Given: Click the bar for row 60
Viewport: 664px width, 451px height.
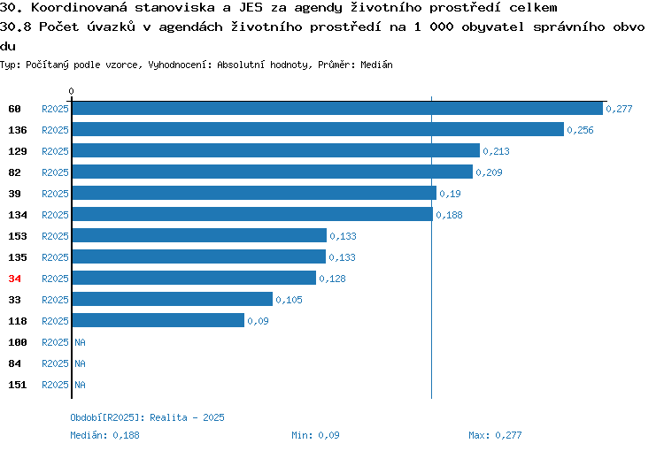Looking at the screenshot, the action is click(337, 108).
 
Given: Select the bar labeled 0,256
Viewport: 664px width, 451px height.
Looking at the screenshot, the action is click(318, 129).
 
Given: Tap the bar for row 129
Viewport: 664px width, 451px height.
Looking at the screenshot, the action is click(276, 150).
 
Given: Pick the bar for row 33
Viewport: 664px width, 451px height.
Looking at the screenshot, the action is click(173, 299).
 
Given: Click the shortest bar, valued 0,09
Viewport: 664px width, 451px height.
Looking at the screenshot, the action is click(158, 320).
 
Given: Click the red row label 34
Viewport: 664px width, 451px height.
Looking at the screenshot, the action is click(14, 279).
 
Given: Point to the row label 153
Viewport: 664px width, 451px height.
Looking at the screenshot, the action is click(18, 236).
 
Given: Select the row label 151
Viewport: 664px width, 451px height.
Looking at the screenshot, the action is click(18, 385).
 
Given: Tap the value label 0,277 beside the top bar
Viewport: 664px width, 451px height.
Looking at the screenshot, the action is click(619, 109).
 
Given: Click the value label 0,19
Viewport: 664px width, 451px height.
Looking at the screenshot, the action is click(450, 194).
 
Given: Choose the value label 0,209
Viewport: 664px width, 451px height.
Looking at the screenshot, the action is click(489, 172).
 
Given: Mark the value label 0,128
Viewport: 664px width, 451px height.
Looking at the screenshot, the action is click(332, 279).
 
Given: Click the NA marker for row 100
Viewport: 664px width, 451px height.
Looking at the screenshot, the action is click(80, 342).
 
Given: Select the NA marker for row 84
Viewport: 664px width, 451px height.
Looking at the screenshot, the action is click(80, 363).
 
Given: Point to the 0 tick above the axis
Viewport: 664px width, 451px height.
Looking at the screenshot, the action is click(71, 91).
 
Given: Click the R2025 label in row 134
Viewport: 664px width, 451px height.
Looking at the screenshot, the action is click(55, 215).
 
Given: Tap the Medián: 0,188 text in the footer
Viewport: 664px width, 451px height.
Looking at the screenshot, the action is click(104, 435).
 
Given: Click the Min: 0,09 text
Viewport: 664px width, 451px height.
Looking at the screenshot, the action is click(315, 435).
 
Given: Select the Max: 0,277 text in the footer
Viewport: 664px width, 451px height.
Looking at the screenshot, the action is click(495, 435).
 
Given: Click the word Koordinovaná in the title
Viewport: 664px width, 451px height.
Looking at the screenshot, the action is click(79, 8).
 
